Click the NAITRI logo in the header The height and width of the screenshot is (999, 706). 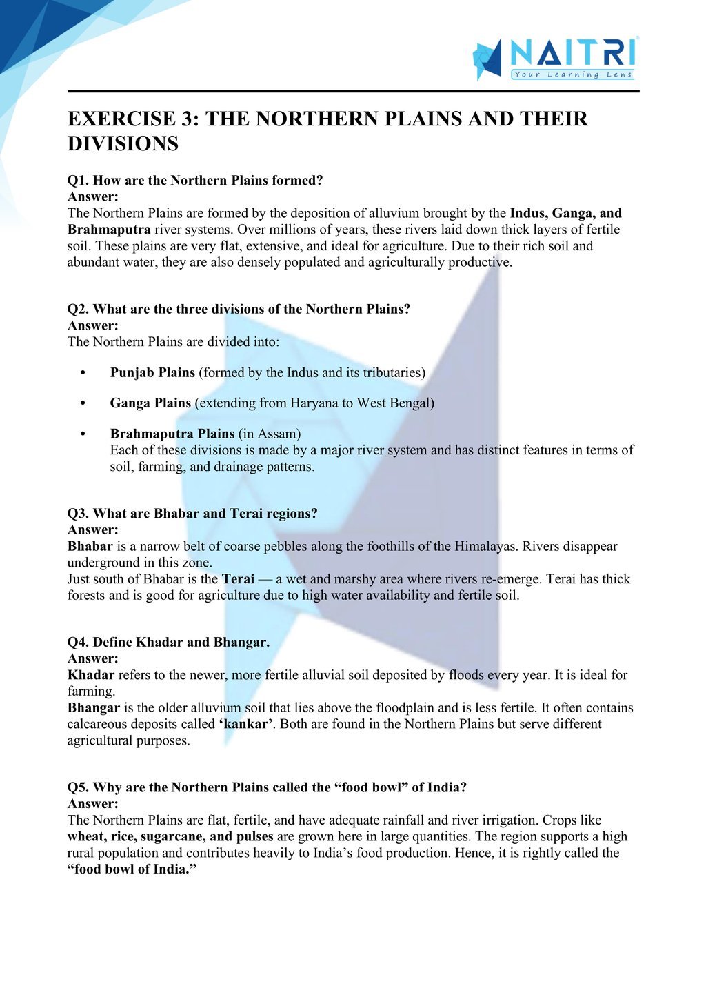pyautogui.click(x=555, y=58)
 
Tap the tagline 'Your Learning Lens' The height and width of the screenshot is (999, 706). pyautogui.click(x=572, y=74)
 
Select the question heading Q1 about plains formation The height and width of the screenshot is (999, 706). pyautogui.click(x=195, y=181)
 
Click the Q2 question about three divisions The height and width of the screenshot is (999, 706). pyautogui.click(x=239, y=309)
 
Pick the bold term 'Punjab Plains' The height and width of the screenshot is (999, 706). pyautogui.click(x=152, y=373)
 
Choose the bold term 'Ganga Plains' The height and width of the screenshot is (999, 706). pyautogui.click(x=150, y=403)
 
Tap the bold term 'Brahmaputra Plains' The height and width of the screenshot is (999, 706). pyautogui.click(x=172, y=434)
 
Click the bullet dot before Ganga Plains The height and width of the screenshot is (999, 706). pyautogui.click(x=83, y=403)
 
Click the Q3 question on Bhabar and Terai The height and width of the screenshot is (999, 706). pyautogui.click(x=192, y=514)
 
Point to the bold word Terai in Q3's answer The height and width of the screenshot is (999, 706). pyautogui.click(x=238, y=579)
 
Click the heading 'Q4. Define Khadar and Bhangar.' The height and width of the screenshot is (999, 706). pyautogui.click(x=168, y=643)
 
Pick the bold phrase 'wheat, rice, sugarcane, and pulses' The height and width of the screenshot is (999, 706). pyautogui.click(x=170, y=837)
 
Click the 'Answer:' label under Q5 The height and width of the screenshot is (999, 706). pyautogui.click(x=93, y=804)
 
